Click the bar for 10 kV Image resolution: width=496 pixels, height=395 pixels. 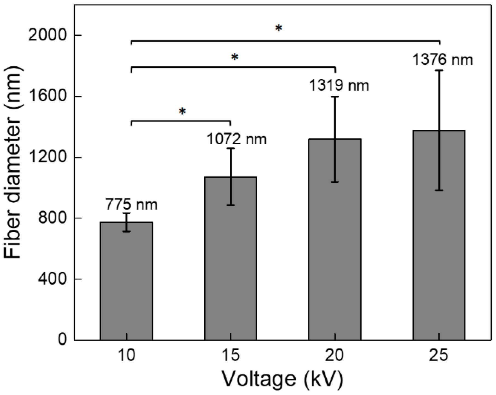coord(126,282)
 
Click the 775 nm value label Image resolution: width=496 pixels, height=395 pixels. coord(131,205)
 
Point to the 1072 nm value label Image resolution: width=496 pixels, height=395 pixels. coord(236,139)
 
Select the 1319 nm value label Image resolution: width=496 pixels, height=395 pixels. coord(339,86)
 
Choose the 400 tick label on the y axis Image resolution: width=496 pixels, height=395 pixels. coord(52,279)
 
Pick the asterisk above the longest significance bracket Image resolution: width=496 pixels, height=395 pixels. coord(278,28)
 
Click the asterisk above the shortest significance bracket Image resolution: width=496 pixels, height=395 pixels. coord(182,112)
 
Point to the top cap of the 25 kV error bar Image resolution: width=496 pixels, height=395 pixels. coord(439,71)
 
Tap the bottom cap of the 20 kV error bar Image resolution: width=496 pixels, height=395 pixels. coord(335,182)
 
